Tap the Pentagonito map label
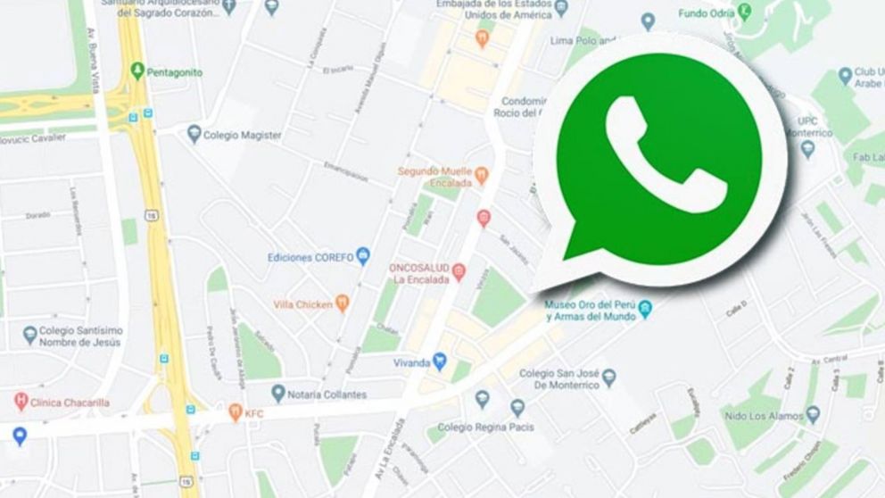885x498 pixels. [174, 71]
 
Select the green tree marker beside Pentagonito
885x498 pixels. [136, 70]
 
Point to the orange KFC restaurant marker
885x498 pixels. [236, 412]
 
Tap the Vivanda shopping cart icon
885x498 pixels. [439, 362]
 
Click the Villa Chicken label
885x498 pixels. [302, 303]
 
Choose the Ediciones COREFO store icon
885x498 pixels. [363, 257]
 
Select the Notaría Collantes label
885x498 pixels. [327, 394]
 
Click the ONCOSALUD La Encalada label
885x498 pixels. [419, 272]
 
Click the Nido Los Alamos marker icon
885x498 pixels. [813, 414]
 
